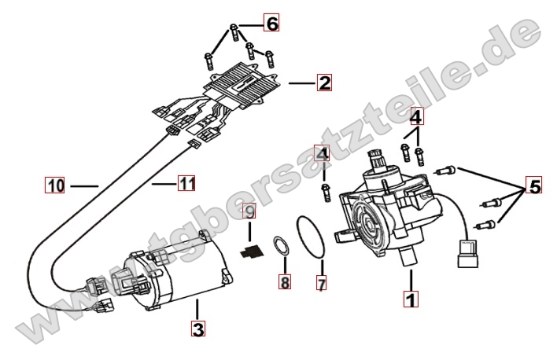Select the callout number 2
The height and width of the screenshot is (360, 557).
[324, 82]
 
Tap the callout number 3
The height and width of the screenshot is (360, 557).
[198, 328]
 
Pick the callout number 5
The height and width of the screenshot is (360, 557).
[534, 186]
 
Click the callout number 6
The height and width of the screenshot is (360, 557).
[271, 24]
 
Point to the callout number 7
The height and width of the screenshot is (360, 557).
[321, 282]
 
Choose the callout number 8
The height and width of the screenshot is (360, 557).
[284, 280]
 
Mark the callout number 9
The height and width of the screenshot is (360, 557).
[249, 212]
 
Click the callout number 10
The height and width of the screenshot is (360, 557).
[54, 186]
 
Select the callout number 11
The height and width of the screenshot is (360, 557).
[186, 183]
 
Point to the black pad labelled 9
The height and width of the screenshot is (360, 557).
[250, 252]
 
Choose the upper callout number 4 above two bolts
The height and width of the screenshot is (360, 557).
[415, 117]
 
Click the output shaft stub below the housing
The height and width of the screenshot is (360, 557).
[408, 255]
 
